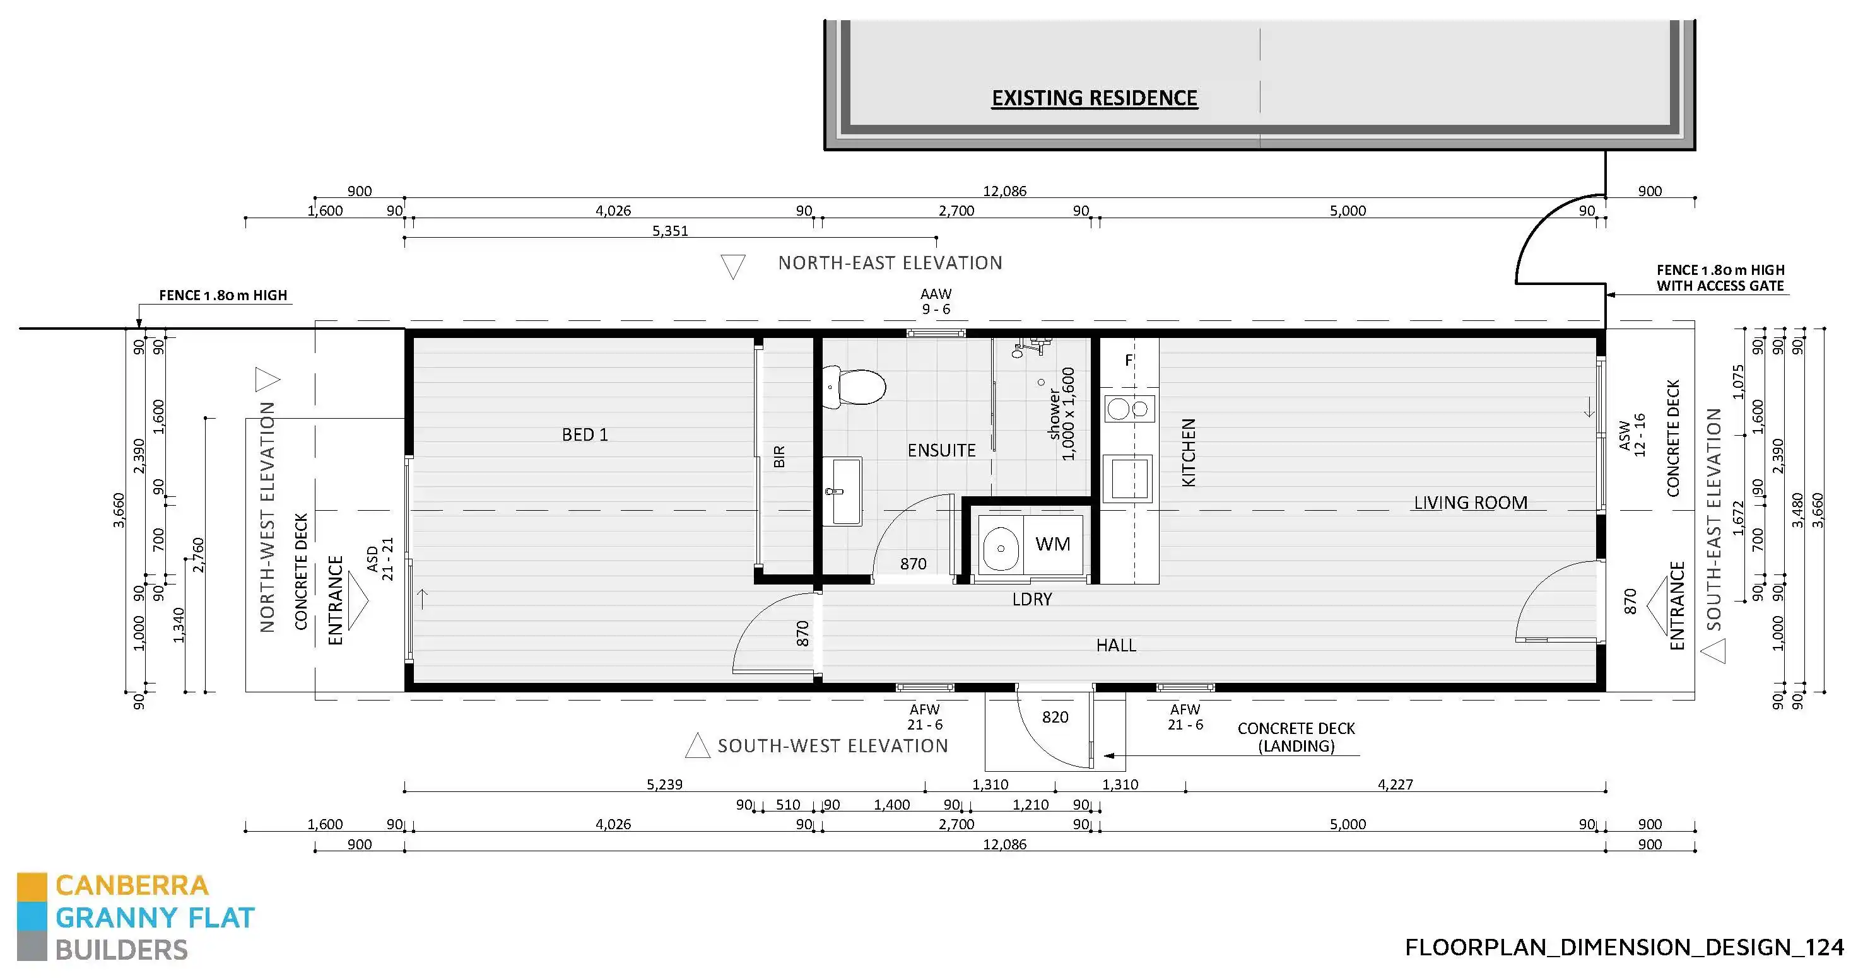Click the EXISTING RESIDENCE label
1094,98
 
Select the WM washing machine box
1052,544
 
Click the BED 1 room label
584,434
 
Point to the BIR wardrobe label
779,457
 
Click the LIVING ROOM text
1471,503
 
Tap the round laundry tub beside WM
1001,548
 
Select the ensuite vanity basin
845,492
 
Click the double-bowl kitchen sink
1128,409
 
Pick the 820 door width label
1055,717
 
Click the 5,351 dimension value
670,231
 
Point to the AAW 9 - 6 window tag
936,301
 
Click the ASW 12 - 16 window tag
1632,435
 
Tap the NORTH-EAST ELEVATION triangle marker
732,266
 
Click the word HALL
1116,646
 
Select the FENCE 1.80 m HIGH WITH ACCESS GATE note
1720,277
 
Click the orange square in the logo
32,885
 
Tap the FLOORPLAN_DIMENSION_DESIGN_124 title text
1625,947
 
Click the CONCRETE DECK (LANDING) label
1296,737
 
